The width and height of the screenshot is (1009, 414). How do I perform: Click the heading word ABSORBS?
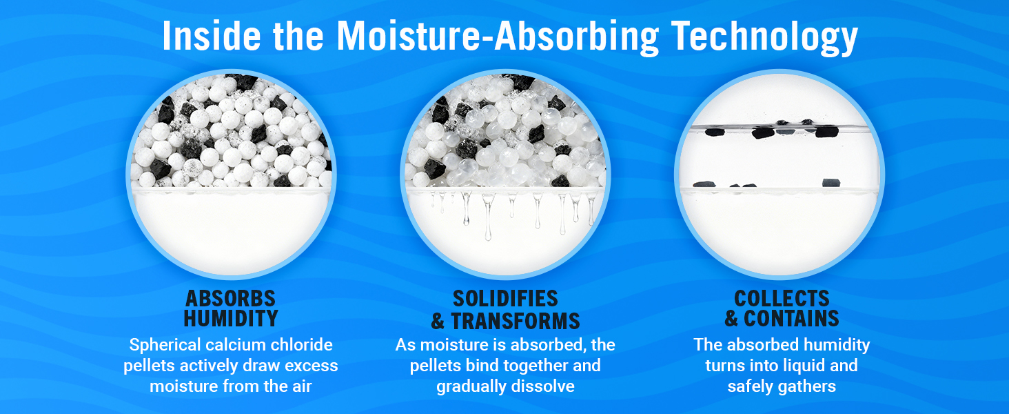(x=231, y=299)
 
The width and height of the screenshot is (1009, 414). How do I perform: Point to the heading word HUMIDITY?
(x=231, y=319)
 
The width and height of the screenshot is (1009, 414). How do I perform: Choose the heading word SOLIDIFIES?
(x=505, y=299)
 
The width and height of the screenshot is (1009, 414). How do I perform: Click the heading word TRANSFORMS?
(x=516, y=322)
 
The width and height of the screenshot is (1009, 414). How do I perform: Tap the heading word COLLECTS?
(x=782, y=299)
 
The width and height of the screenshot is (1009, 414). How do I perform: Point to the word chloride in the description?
(x=302, y=344)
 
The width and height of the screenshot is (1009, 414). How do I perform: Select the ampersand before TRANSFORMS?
(x=438, y=322)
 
